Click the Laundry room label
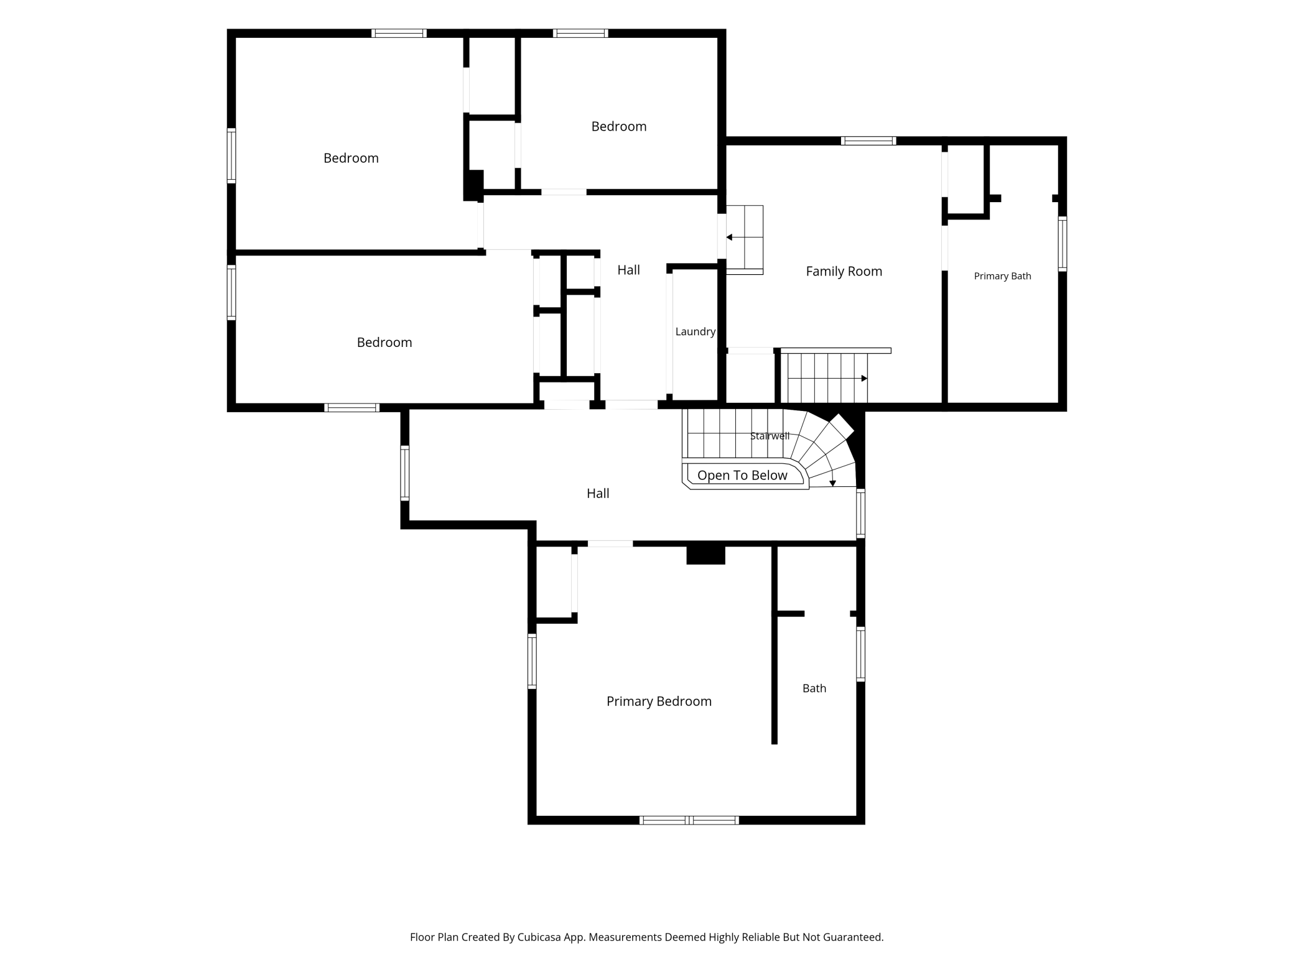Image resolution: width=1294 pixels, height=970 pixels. tap(695, 332)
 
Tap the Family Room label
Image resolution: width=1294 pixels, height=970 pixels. tap(844, 271)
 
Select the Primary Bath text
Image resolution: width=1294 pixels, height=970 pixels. tap(1002, 276)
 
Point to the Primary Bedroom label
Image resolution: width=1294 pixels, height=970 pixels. tap(659, 701)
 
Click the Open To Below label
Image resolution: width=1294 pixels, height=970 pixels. tap(742, 476)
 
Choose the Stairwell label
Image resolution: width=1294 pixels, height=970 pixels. tap(770, 436)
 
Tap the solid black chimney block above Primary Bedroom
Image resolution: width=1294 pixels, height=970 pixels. tap(705, 554)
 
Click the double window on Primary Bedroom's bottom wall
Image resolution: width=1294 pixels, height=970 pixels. tap(689, 820)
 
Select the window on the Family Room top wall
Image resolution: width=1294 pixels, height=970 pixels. tap(868, 141)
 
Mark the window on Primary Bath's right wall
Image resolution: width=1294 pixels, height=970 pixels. tap(1063, 244)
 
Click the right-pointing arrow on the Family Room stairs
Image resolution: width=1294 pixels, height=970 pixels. tap(827, 379)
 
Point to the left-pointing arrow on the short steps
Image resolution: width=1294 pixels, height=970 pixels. tap(744, 238)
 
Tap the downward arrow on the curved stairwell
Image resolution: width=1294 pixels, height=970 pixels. tap(832, 479)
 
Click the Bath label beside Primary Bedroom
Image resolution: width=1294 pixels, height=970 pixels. tap(814, 688)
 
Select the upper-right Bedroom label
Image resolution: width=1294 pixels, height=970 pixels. tap(618, 127)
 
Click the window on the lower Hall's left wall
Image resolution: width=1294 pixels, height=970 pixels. tap(405, 473)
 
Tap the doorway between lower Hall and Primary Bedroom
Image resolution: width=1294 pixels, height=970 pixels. tap(610, 544)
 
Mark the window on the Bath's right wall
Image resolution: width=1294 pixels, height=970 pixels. tap(861, 654)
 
